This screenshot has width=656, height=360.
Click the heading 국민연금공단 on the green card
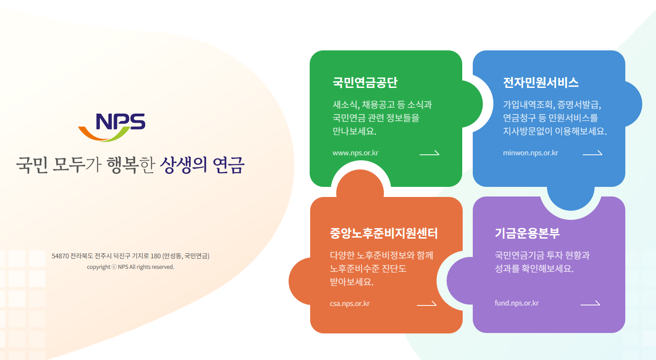(x=365, y=82)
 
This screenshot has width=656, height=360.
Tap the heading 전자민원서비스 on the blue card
(x=541, y=82)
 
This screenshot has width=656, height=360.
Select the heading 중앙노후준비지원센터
(x=383, y=234)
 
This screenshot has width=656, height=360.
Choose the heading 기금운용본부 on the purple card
(x=527, y=234)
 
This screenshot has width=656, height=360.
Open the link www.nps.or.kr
(x=355, y=153)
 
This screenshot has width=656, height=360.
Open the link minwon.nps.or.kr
(x=530, y=153)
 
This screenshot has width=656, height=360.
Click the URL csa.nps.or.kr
(x=350, y=303)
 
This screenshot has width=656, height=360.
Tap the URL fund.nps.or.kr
(x=516, y=303)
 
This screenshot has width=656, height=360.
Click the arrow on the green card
(x=429, y=153)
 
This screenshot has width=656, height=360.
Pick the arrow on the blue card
(x=592, y=153)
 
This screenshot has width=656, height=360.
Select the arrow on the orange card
(x=426, y=303)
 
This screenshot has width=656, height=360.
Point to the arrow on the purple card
(x=590, y=303)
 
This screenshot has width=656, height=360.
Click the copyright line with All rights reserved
(x=131, y=267)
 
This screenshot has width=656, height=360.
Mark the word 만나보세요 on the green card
(x=354, y=131)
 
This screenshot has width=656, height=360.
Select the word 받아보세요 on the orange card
(x=351, y=282)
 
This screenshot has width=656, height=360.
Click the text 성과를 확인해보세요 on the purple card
(x=534, y=268)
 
